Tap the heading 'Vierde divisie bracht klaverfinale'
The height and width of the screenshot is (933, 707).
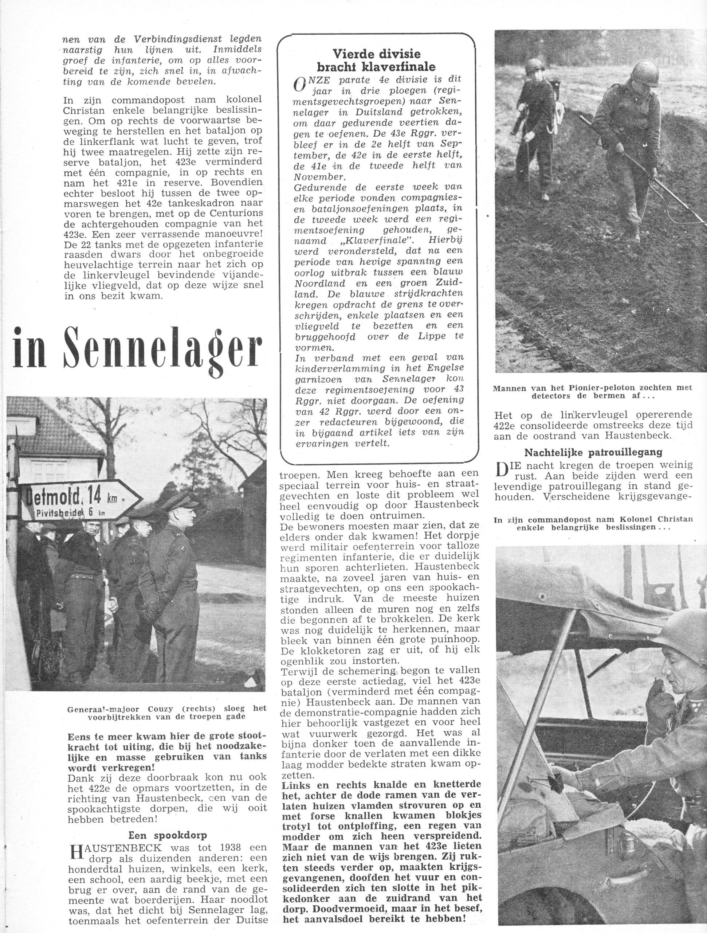coord(377,60)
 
